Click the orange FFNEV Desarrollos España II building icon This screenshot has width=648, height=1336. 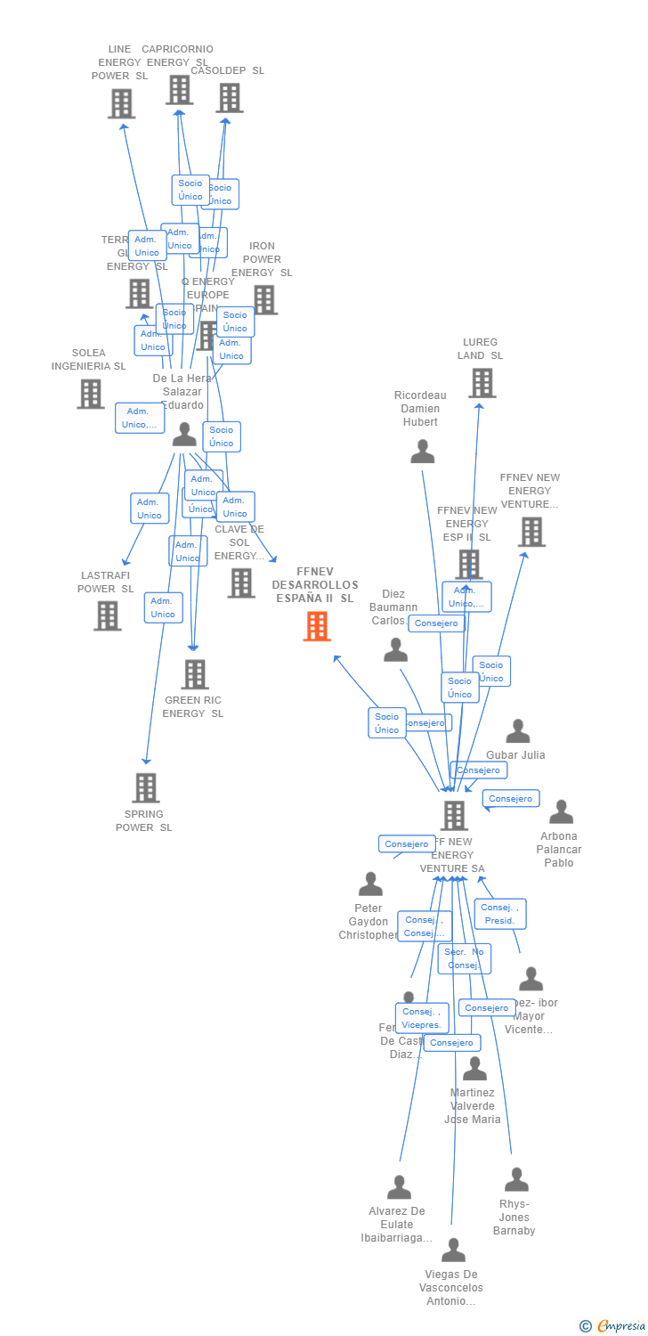click(x=317, y=626)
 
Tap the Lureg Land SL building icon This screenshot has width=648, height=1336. click(x=482, y=383)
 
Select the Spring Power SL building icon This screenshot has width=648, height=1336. click(x=146, y=787)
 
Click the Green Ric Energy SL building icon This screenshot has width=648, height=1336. click(x=195, y=674)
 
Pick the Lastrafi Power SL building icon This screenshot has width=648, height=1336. click(x=107, y=615)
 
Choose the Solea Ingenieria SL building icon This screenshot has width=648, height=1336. click(x=90, y=394)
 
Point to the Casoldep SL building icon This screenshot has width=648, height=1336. click(x=229, y=98)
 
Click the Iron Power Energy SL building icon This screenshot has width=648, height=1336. click(x=264, y=300)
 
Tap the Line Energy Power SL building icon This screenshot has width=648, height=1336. click(x=121, y=103)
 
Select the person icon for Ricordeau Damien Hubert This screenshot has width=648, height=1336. click(x=423, y=452)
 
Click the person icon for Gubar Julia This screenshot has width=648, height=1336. click(x=518, y=731)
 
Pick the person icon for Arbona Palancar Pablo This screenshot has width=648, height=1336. click(x=561, y=812)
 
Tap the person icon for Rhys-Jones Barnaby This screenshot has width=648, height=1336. click(x=516, y=1180)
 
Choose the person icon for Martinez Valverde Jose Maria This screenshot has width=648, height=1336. click(x=474, y=1069)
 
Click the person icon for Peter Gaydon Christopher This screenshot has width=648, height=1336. click(x=370, y=884)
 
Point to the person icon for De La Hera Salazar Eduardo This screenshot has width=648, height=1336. click(x=184, y=435)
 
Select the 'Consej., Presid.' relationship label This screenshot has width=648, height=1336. click(x=500, y=914)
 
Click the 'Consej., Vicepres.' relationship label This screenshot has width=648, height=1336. click(x=422, y=1018)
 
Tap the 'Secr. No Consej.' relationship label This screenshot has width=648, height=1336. click(x=464, y=958)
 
